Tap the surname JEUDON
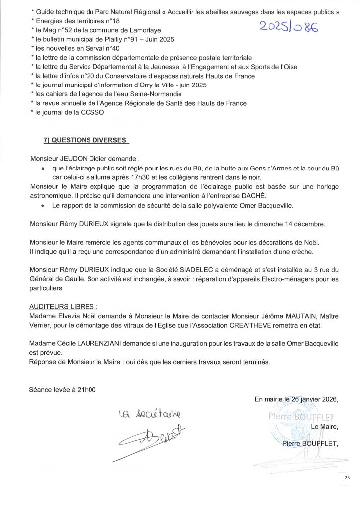75,159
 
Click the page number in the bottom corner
347,477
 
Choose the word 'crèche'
300,252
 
